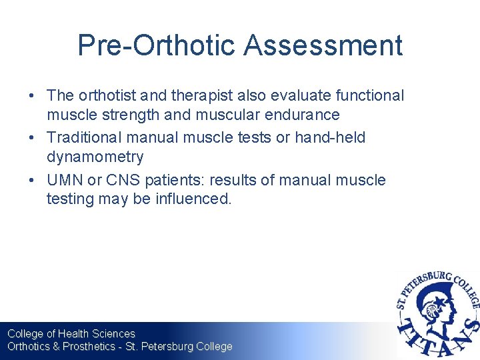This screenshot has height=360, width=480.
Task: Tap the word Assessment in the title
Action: pyautogui.click(x=323, y=46)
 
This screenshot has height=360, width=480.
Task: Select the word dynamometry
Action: pyautogui.click(x=95, y=157)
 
